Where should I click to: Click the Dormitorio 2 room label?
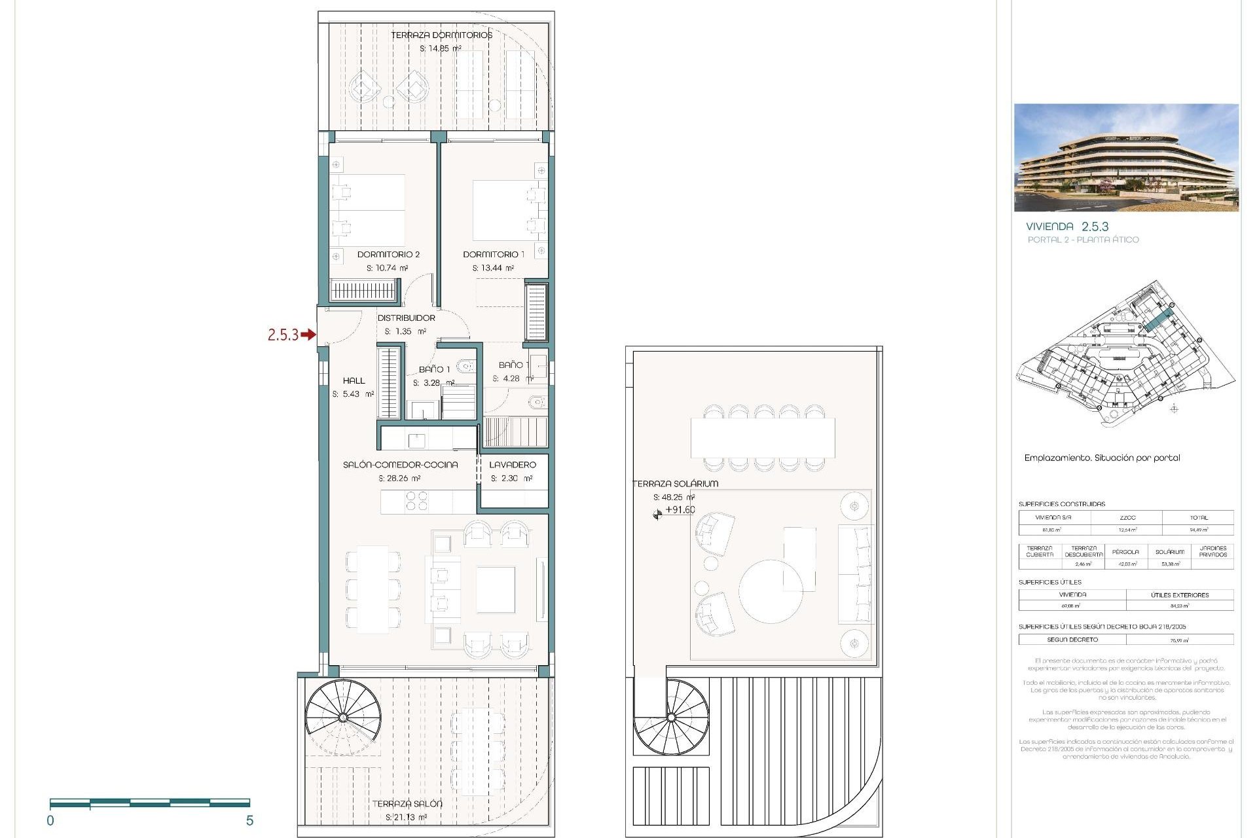point(388,254)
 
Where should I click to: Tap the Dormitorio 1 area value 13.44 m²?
point(493,268)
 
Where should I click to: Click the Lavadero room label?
point(513,464)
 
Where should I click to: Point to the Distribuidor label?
point(406,318)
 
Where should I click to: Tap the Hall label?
point(354,380)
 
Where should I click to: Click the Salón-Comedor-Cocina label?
point(400,464)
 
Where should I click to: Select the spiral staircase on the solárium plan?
point(671,718)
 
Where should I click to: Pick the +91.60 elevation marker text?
point(680,510)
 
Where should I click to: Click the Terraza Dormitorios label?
point(441,35)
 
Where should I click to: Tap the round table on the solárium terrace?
point(771,591)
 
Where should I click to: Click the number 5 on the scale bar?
point(249,820)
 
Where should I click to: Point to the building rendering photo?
point(1126,158)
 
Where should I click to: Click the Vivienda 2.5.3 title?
point(1067,227)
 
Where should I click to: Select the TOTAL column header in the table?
point(1198,517)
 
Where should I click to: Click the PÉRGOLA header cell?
point(1125,551)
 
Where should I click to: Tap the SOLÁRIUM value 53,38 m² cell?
point(1170,564)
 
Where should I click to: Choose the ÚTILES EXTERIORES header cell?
point(1180,594)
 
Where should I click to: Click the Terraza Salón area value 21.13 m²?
point(406,817)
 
